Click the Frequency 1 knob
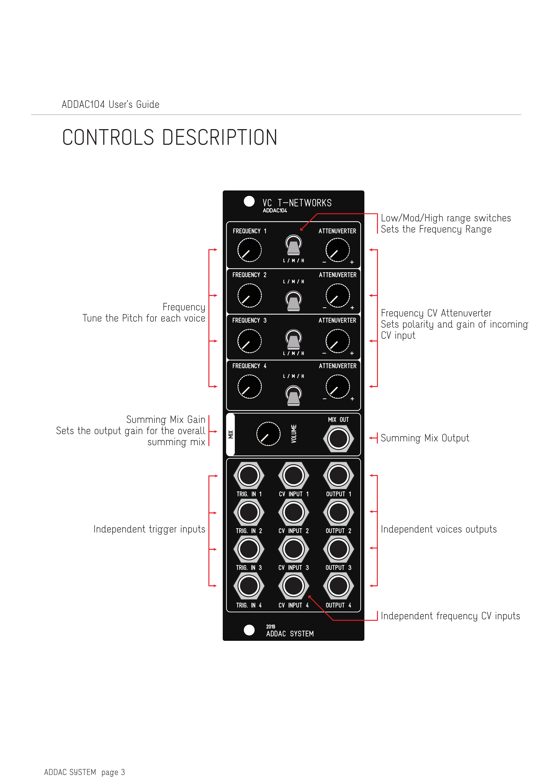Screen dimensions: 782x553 249,250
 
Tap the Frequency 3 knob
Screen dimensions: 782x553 249,341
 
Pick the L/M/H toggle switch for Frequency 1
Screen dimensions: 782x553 293,245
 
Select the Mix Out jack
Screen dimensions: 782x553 338,439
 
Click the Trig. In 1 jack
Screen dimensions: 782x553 249,475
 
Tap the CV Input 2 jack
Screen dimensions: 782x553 293,512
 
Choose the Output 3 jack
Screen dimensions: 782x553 338,549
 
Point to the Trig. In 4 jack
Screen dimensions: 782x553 249,586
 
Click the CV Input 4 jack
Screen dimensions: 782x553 293,586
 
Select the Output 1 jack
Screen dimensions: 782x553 338,475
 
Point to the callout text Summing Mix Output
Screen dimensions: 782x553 425,438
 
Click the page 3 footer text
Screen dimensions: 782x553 113,772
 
